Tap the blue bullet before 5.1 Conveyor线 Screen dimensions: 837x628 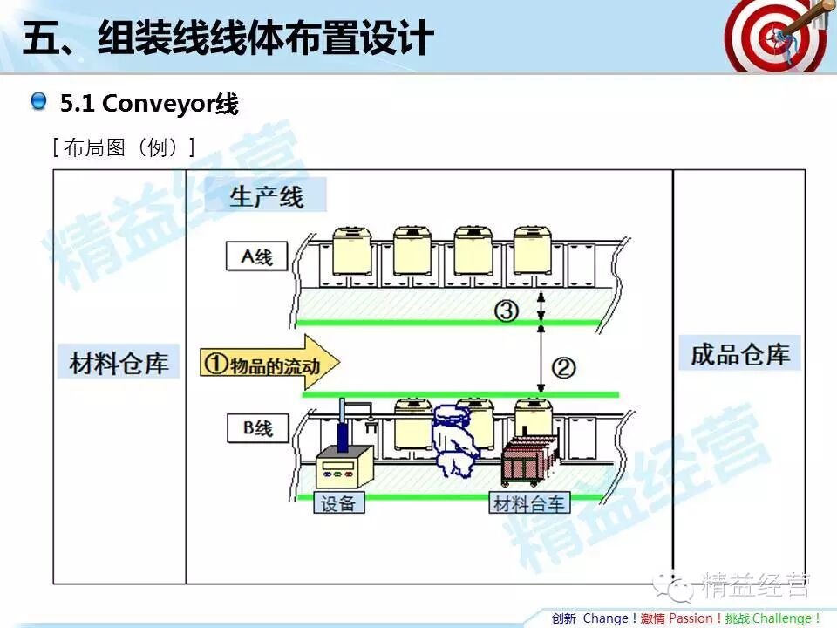[x=38, y=102]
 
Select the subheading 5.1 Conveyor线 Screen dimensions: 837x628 [x=148, y=104]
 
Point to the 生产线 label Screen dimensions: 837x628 [x=267, y=195]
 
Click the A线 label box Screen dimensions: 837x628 [x=256, y=256]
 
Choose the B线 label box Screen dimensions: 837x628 [x=256, y=427]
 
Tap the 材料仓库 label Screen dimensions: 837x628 [x=119, y=361]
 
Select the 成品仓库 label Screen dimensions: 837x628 [x=739, y=354]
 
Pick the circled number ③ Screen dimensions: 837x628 [x=507, y=311]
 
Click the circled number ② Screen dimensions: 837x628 [x=564, y=368]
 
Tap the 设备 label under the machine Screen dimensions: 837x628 [x=338, y=504]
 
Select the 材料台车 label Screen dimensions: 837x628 [x=529, y=504]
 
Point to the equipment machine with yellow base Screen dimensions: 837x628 [x=344, y=464]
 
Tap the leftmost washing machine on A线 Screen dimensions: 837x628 [x=351, y=250]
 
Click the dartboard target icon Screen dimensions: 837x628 [x=774, y=36]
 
